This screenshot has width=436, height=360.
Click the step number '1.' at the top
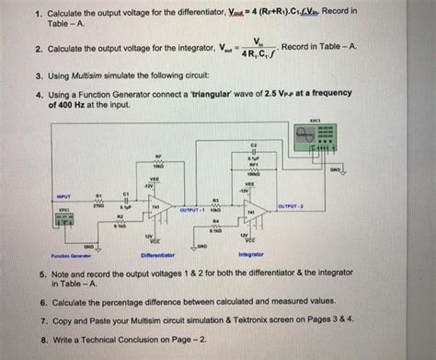click(31, 15)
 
